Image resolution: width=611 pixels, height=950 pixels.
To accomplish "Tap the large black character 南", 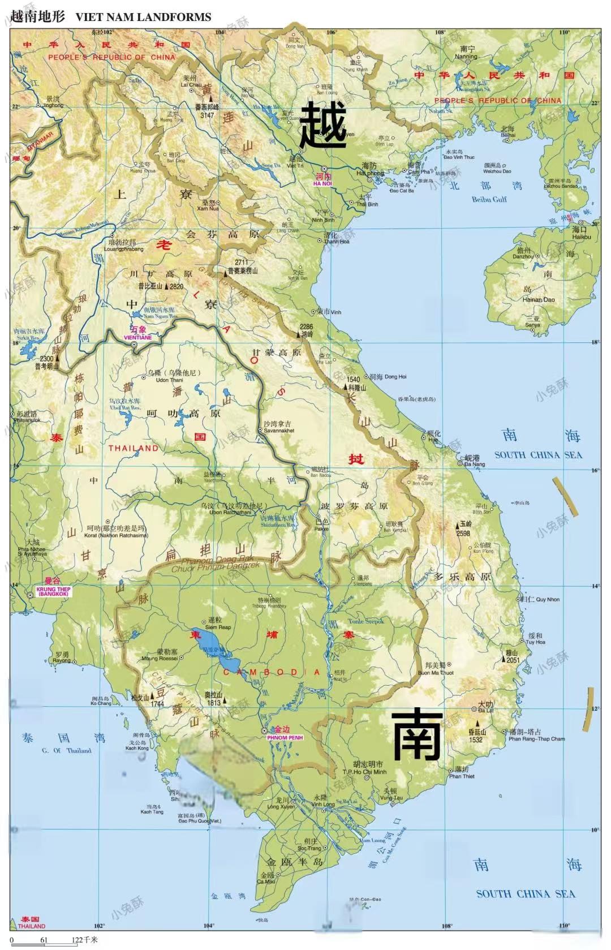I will pos(417,734).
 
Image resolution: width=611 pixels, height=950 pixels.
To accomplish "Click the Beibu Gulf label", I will pos(489,199).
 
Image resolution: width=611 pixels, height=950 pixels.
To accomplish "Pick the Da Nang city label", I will pos(474,464).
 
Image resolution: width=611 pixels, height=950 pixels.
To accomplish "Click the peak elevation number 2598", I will pos(463,533).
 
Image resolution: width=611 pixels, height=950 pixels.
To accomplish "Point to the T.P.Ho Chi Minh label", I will pos(364,772).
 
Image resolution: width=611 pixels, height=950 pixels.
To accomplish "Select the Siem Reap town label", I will pos(218,627).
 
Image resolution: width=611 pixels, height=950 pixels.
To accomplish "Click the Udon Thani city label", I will pos(169,380).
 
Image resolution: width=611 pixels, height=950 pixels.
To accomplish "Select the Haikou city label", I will pos(581,237).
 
